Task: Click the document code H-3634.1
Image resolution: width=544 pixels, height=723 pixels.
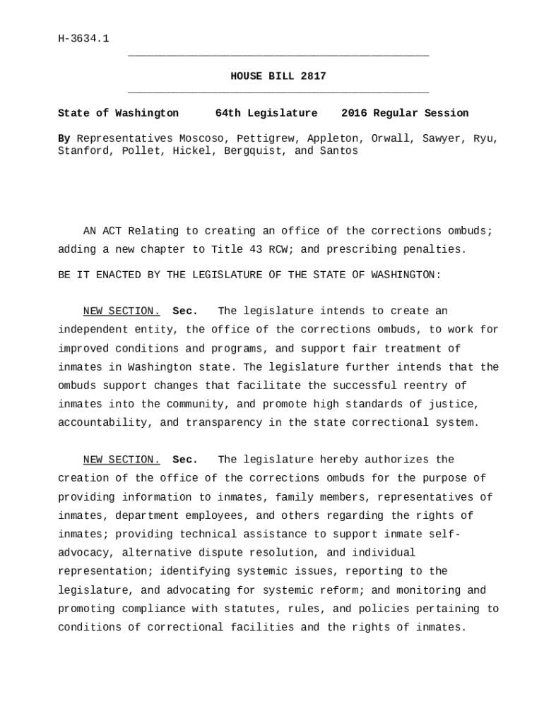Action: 83,38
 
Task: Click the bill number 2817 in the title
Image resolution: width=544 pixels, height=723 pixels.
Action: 313,76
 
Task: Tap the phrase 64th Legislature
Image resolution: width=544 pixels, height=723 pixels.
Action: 266,113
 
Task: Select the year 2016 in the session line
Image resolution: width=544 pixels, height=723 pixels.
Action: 354,113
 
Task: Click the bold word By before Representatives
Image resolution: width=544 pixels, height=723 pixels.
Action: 64,138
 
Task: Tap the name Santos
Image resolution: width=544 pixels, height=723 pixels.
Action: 339,151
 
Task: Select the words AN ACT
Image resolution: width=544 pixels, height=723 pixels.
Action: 102,231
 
